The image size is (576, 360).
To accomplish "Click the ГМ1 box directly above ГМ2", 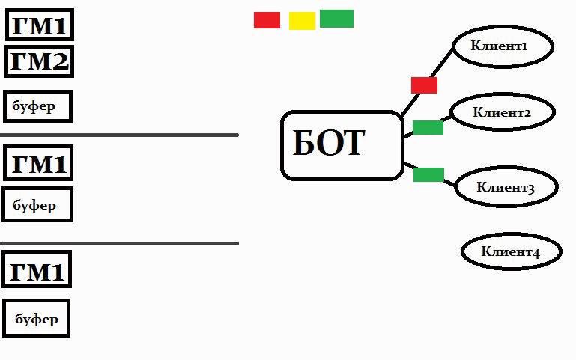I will pyautogui.click(x=40, y=26).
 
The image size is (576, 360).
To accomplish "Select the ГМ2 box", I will pyautogui.click(x=40, y=61).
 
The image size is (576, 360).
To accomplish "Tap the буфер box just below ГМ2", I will pyautogui.click(x=37, y=106).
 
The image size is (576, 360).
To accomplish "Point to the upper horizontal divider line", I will pyautogui.click(x=119, y=135).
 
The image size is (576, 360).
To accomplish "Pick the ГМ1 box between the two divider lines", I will pyautogui.click(x=38, y=163).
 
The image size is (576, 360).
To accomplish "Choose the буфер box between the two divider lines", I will pyautogui.click(x=37, y=204).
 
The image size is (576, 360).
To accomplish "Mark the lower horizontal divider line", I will pyautogui.click(x=119, y=243).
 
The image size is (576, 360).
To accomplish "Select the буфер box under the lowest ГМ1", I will pyautogui.click(x=36, y=318).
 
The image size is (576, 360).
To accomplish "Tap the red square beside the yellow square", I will pyautogui.click(x=267, y=20).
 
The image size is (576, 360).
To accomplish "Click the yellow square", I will pyautogui.click(x=302, y=21).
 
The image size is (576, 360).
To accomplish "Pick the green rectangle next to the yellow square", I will pyautogui.click(x=336, y=19).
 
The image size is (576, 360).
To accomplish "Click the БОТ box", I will pyautogui.click(x=342, y=145).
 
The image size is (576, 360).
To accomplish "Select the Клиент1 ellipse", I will pyautogui.click(x=502, y=46).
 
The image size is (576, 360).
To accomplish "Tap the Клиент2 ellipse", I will pyautogui.click(x=504, y=112).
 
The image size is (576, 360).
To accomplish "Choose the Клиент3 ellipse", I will pyautogui.click(x=506, y=186).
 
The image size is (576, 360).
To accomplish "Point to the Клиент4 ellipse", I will pyautogui.click(x=511, y=251).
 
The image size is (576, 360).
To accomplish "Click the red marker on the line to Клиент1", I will pyautogui.click(x=424, y=85).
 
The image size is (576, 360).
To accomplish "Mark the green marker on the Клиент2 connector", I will pyautogui.click(x=428, y=127).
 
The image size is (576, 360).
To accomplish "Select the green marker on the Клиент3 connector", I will pyautogui.click(x=428, y=174).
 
